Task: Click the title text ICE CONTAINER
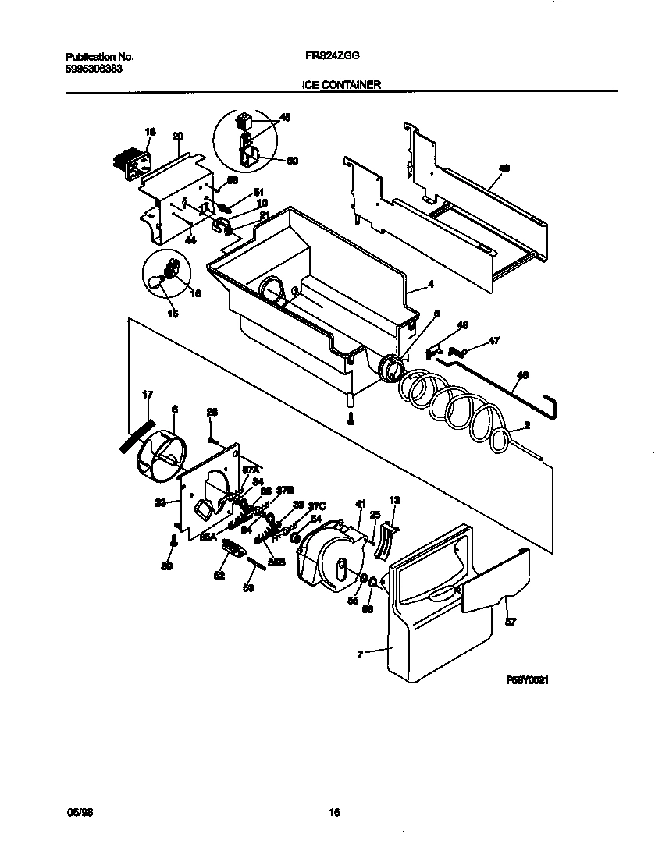pos(341,84)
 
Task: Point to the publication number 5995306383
pos(93,69)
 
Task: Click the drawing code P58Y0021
pos(529,680)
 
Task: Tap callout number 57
pos(511,622)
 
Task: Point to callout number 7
pos(360,655)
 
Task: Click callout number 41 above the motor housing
pos(360,504)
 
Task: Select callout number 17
pos(146,395)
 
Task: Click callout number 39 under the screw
pos(166,567)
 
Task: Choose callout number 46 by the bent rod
pos(522,375)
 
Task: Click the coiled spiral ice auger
pos(453,406)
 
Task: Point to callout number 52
pos(219,576)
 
